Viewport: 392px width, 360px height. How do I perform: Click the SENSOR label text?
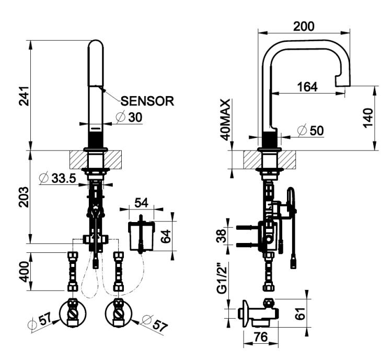point(147,101)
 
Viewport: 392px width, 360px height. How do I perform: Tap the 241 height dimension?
point(25,96)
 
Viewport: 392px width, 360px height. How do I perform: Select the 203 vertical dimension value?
point(25,197)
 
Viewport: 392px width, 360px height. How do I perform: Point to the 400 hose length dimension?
point(25,272)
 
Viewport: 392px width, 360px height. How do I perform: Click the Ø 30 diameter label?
point(130,117)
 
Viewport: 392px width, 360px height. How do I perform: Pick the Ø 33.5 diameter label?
point(57,178)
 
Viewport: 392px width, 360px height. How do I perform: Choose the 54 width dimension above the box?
point(142,203)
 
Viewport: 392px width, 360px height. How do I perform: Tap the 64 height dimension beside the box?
point(166,236)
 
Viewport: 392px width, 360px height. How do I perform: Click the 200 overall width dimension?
point(304,26)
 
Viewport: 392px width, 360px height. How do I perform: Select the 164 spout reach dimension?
point(307,87)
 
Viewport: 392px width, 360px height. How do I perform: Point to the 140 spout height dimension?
point(368,118)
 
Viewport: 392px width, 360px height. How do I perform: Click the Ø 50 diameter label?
point(311,130)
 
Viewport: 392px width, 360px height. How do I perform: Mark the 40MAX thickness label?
point(225,120)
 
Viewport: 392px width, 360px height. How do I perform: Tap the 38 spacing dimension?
point(222,236)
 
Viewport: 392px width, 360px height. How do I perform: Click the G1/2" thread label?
point(222,278)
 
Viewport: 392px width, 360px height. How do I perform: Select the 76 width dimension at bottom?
point(261,337)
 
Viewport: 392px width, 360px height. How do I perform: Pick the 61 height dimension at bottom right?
point(301,313)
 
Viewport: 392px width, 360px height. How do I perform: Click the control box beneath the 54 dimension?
point(142,235)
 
